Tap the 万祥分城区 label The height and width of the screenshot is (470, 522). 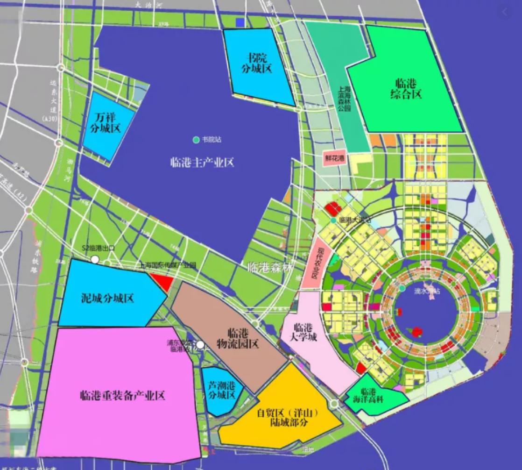(x=106, y=123)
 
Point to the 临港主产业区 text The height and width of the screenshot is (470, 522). (x=202, y=162)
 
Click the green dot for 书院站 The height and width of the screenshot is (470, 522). (x=196, y=140)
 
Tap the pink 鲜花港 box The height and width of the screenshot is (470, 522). (x=335, y=158)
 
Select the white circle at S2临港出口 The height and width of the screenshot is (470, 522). (x=95, y=259)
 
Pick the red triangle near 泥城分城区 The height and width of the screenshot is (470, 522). (x=161, y=282)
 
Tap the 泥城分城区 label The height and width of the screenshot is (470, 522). (x=107, y=298)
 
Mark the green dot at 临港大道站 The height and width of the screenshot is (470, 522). (x=332, y=220)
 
